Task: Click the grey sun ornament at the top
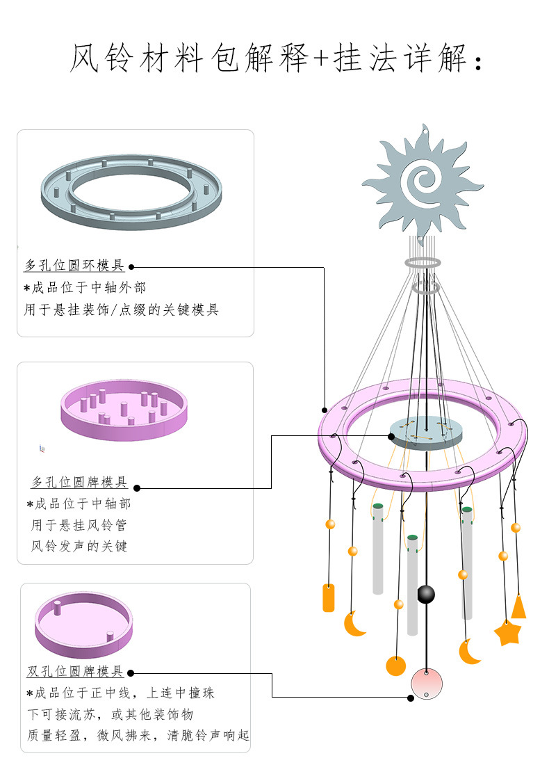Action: (422, 182)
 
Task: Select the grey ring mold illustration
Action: (131, 191)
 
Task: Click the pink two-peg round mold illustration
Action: (83, 624)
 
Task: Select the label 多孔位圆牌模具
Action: (79, 482)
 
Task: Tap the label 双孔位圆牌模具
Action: (75, 672)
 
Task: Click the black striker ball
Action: (426, 595)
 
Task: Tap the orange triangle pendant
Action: (518, 607)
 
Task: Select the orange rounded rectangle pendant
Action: (329, 598)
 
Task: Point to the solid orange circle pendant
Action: (395, 666)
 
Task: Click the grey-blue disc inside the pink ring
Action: (426, 431)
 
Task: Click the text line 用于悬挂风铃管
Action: (78, 525)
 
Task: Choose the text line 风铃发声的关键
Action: (79, 547)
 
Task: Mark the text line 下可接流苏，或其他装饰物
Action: (109, 714)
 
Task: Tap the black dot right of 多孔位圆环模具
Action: (131, 266)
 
